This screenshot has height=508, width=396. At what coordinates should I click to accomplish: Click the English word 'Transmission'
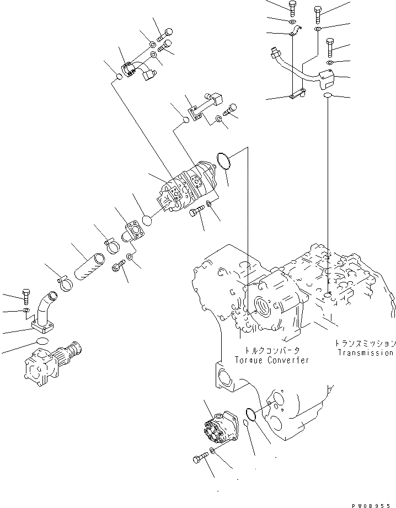click(x=366, y=353)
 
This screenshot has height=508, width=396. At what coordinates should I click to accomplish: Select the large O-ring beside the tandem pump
click(x=223, y=162)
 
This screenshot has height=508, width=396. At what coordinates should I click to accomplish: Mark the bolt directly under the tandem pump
click(x=196, y=211)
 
